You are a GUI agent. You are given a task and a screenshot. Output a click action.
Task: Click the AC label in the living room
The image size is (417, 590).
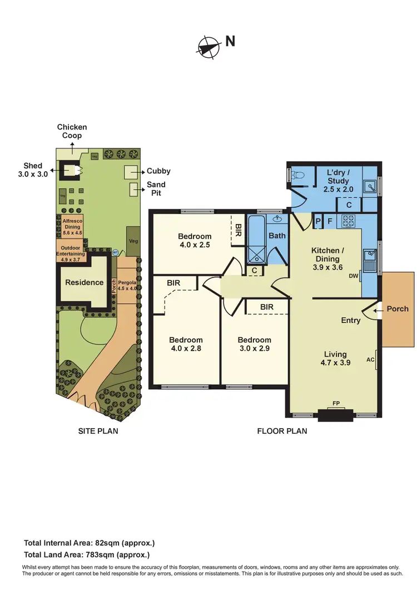coord(370,359)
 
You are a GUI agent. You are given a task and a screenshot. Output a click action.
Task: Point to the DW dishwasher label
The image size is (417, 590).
coord(353,276)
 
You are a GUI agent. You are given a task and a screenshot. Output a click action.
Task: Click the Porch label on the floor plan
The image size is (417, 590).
coord(398,309)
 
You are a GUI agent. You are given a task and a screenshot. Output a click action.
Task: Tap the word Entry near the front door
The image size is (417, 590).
coord(351,320)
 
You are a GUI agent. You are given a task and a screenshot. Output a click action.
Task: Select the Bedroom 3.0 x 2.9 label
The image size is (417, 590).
coord(254,344)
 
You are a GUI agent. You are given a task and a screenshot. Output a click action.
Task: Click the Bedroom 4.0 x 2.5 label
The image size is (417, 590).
coord(195,240)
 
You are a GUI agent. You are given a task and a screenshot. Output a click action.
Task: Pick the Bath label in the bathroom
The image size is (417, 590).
coord(277,235)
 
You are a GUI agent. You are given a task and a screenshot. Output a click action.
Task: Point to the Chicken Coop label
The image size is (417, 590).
coord(72,131)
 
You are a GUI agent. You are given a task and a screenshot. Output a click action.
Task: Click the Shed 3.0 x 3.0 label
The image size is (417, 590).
coord(32,170)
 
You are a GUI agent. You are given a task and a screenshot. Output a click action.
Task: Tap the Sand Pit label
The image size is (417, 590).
coord(156,189)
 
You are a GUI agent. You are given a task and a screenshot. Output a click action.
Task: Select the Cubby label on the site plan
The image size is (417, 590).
coord(158,171)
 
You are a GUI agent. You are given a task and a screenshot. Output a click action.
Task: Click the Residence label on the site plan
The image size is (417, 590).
coord(85,282)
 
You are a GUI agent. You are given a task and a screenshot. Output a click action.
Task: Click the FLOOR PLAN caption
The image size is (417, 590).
coord(282,430)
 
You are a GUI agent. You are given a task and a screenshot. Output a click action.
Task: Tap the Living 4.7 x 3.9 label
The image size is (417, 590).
coord(335,358)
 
